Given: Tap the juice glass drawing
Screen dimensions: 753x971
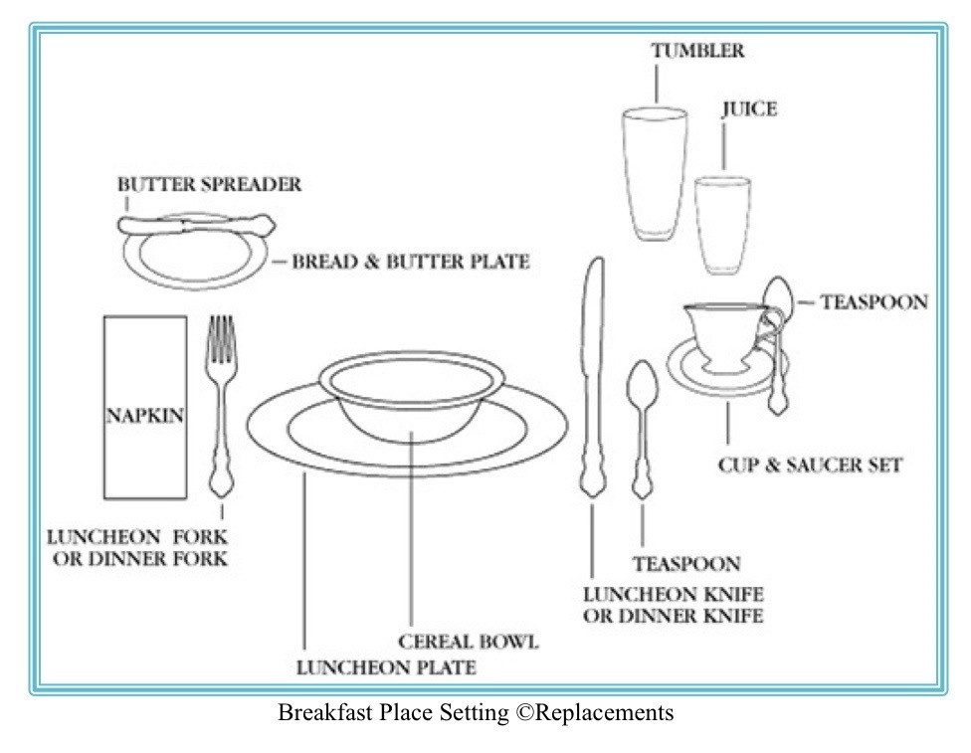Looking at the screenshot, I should [x=722, y=224].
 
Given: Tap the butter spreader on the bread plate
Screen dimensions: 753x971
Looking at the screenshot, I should [x=195, y=223].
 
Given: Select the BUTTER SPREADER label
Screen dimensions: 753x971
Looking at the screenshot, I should [x=209, y=185].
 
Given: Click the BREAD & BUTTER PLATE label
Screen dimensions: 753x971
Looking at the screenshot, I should [x=410, y=263].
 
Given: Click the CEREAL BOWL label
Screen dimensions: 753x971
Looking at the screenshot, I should [x=468, y=642].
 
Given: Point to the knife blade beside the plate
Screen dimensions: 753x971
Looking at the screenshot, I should [x=594, y=328].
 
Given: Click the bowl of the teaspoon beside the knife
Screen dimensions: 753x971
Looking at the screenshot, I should [x=642, y=383].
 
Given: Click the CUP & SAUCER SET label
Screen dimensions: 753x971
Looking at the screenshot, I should [x=810, y=465].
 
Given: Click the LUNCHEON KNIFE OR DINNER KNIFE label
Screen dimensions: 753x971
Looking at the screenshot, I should [x=673, y=606].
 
